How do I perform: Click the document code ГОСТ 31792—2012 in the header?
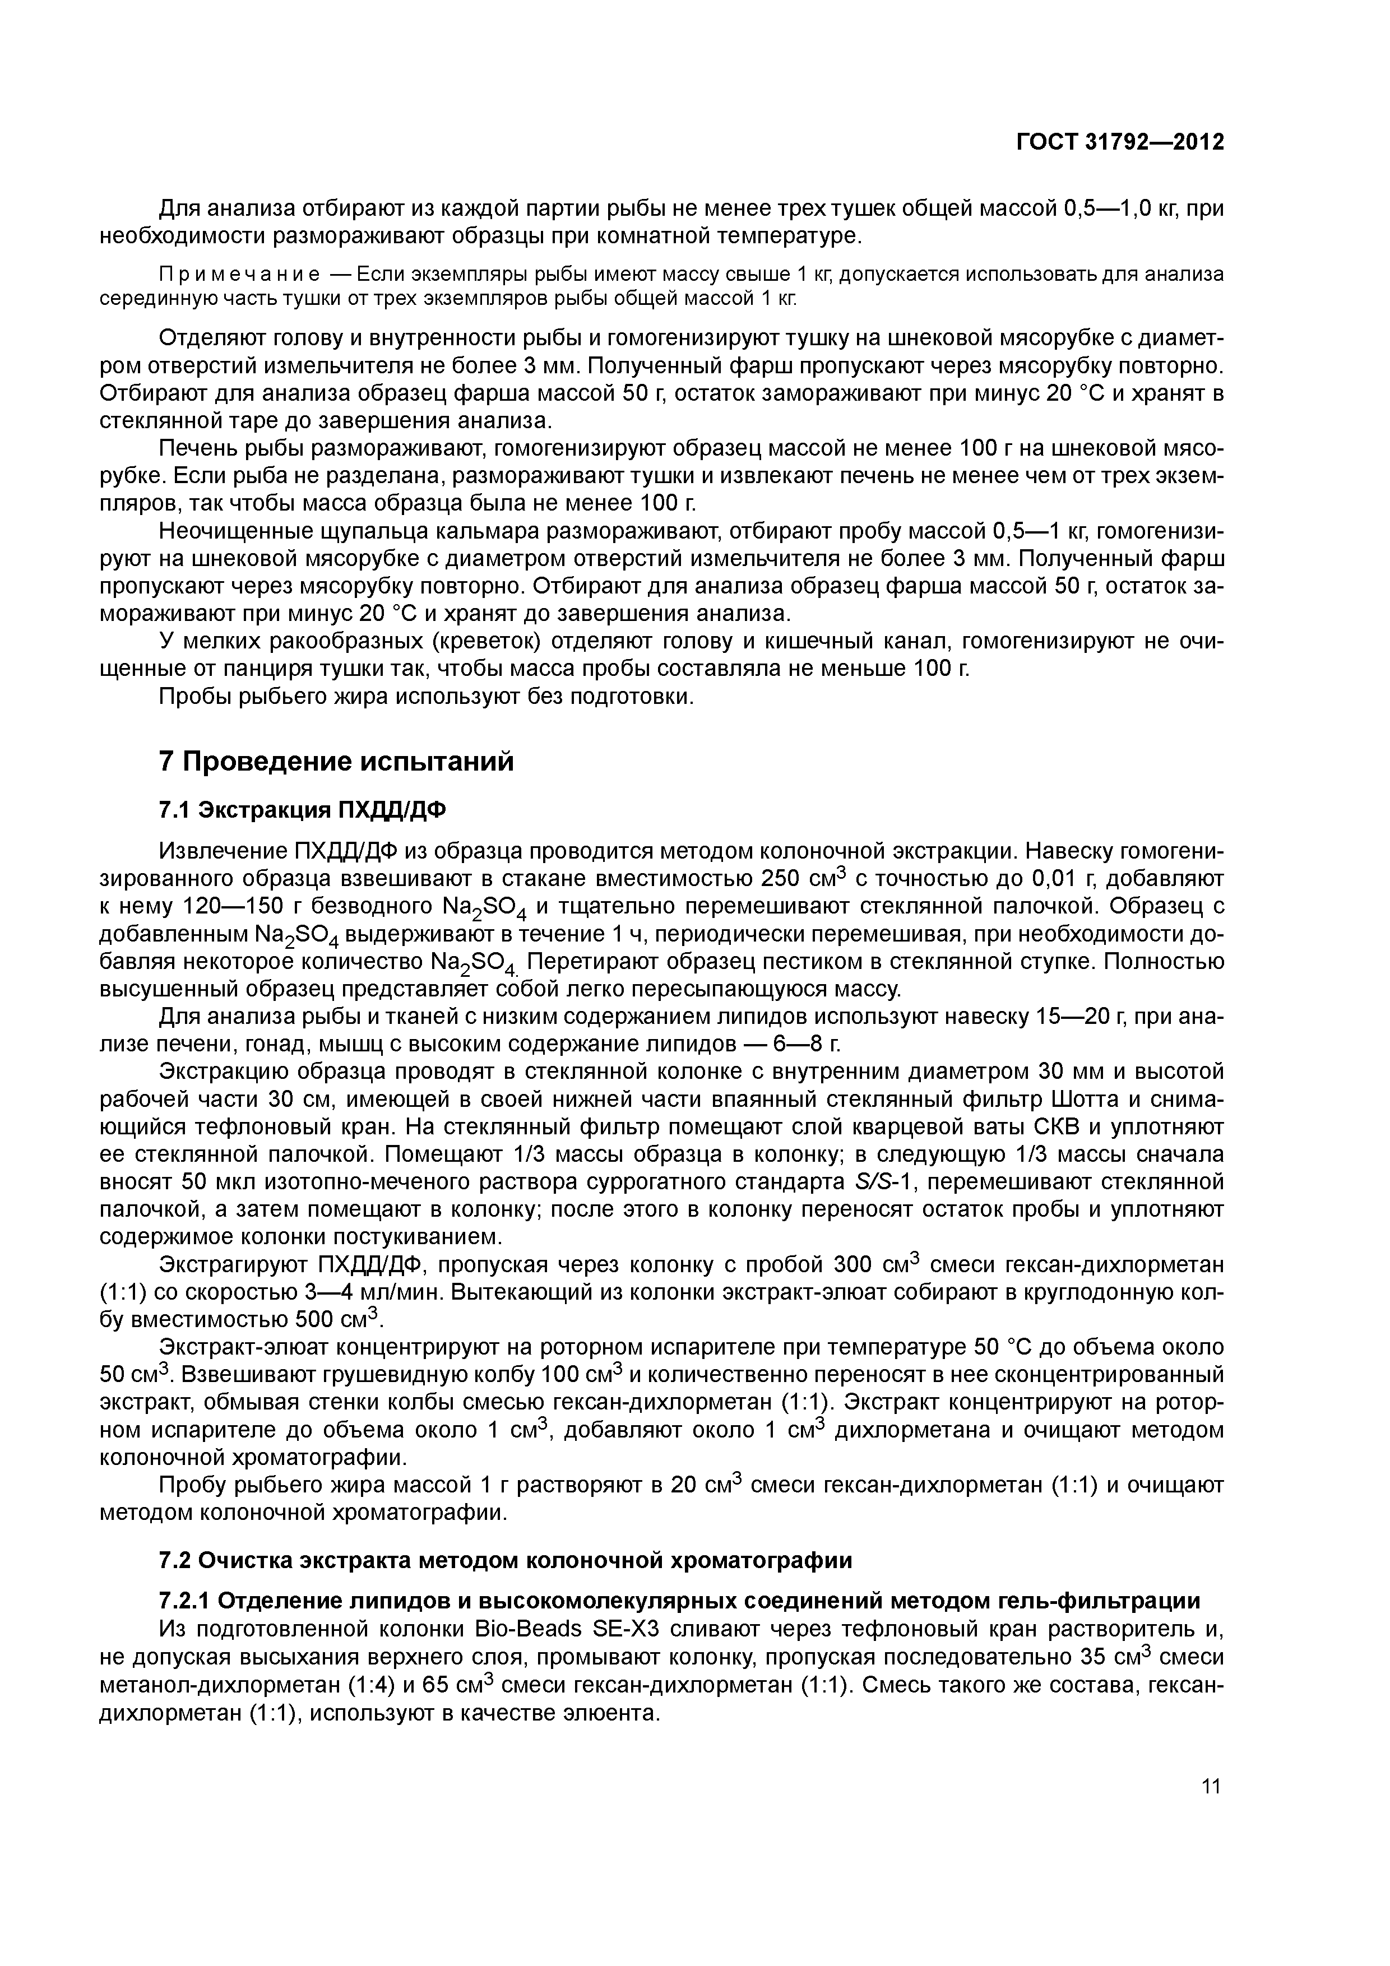pos(1119,142)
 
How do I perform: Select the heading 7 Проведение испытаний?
pos(337,761)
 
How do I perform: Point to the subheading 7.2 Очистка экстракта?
pos(506,1560)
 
